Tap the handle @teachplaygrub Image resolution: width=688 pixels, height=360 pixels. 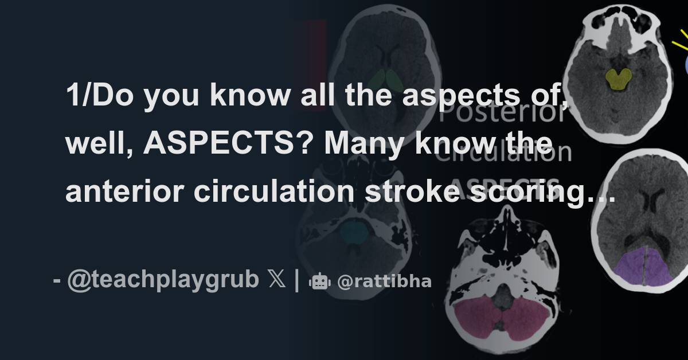tap(162, 281)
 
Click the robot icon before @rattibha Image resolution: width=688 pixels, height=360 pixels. tap(320, 281)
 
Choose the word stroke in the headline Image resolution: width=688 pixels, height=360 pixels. tap(410, 193)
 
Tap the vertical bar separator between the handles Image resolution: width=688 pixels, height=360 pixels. tap(296, 281)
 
